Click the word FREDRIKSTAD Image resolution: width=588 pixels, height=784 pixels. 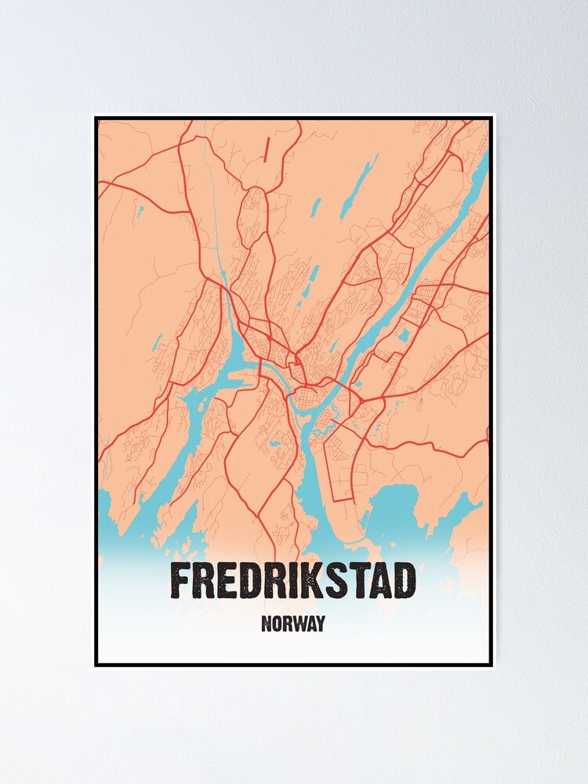[293, 583]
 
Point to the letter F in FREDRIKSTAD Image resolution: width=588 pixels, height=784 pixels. [180, 583]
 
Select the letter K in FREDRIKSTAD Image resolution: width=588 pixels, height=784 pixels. [306, 583]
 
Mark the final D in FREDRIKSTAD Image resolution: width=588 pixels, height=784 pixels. [404, 583]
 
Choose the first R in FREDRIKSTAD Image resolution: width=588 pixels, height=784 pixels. [206, 583]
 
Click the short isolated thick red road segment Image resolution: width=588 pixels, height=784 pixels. [267, 149]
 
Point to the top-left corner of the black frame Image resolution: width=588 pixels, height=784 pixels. [96, 118]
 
